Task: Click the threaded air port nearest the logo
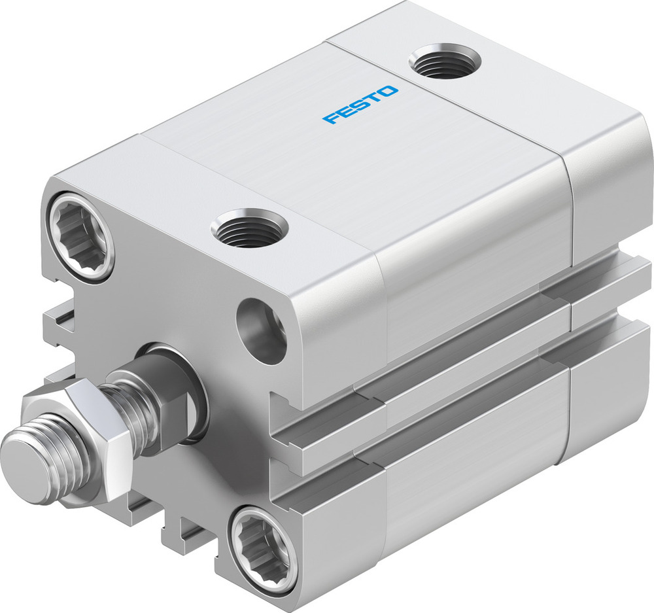[x=445, y=61]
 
